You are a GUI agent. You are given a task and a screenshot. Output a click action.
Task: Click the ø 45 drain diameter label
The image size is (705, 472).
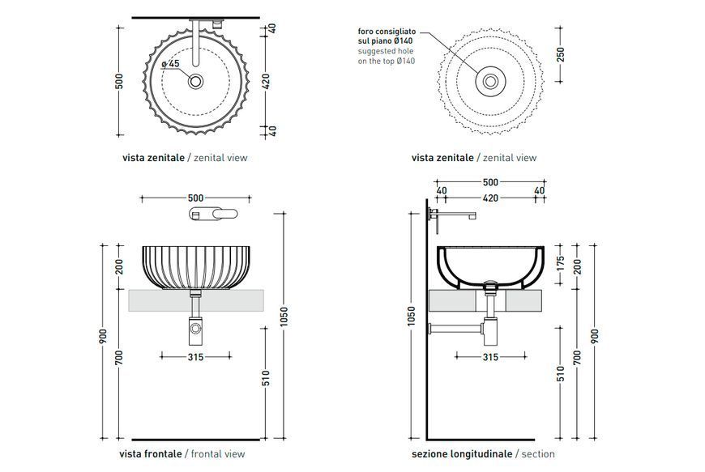click(170, 64)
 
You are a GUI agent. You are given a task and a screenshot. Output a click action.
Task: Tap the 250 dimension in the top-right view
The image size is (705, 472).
click(560, 54)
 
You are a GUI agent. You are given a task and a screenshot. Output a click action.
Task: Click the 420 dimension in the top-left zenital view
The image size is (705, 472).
click(266, 81)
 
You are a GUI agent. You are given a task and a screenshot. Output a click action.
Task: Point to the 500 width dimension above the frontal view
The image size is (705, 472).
click(195, 198)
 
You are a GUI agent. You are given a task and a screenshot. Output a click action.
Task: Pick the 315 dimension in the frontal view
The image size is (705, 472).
click(195, 357)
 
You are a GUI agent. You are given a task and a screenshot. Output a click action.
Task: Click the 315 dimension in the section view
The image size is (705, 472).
click(490, 357)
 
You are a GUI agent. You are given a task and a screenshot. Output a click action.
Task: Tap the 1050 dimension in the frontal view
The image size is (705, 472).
click(284, 317)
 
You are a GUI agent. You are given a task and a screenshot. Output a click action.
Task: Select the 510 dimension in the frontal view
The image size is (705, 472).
click(266, 378)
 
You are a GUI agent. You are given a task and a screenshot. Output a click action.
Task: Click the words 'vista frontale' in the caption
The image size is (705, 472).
click(151, 453)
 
